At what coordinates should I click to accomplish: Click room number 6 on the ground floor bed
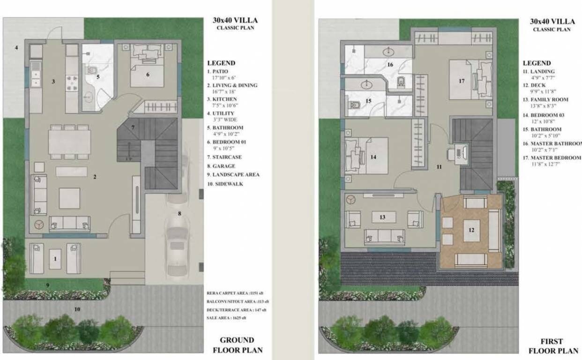pos(148,74)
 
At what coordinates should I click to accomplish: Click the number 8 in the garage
pos(179,213)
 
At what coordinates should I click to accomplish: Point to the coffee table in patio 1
pos(55,259)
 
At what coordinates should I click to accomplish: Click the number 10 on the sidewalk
pos(77,309)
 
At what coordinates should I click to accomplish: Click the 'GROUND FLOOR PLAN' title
pos(237,345)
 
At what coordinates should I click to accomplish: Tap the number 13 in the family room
pos(383,217)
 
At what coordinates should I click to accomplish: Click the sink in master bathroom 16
pos(388,52)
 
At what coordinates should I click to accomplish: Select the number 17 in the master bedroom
pos(462,81)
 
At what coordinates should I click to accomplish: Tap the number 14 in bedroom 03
pos(373,157)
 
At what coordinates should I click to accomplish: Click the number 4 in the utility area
pos(16,48)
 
